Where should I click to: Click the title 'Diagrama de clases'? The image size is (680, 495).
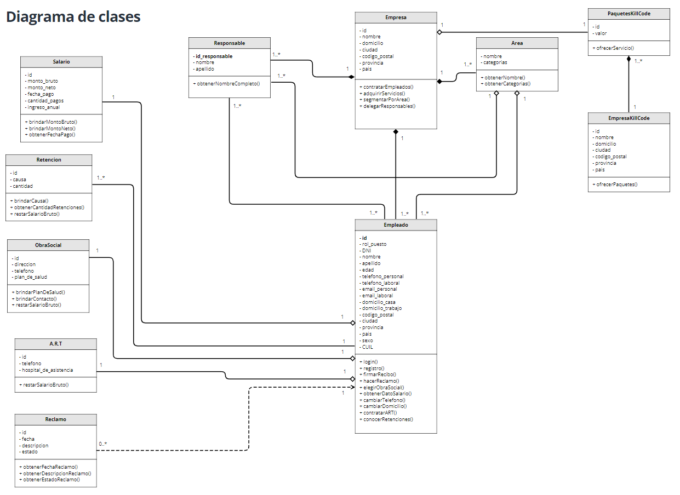point(73,17)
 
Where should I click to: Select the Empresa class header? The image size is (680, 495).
point(396,18)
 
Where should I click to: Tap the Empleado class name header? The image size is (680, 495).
point(396,225)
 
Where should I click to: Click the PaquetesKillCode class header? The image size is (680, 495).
point(628,14)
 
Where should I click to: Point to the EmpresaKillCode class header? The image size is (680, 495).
point(628,118)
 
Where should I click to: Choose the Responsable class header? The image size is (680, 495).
point(229,43)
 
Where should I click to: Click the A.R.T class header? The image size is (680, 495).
point(55,344)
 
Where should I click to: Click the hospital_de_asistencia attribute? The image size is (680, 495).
point(48,370)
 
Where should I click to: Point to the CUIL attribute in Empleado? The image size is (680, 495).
point(367,347)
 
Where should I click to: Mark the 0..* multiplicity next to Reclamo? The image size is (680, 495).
point(103,444)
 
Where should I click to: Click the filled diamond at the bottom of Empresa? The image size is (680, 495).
point(396,132)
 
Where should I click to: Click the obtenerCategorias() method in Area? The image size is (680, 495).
point(506,84)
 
